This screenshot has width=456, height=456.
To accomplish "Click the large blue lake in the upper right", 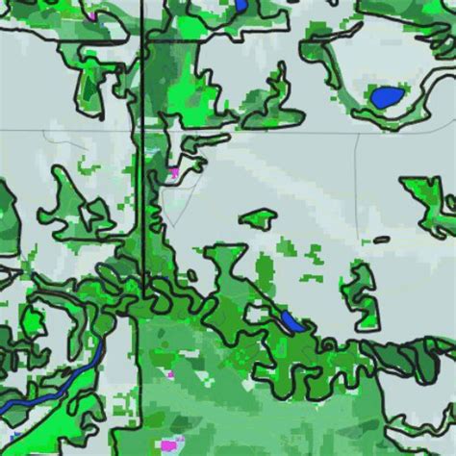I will [387, 96].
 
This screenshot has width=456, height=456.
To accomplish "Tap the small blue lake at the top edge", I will [240, 7].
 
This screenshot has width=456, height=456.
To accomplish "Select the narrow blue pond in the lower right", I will [291, 321].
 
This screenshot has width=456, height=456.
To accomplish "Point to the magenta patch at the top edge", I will [90, 14].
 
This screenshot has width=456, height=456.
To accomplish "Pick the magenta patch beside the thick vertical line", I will [174, 173].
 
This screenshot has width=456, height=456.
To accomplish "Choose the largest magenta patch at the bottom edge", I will [170, 444].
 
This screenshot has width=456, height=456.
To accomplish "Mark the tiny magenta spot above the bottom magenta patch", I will [171, 374].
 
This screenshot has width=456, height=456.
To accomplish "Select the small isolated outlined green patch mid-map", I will [260, 219].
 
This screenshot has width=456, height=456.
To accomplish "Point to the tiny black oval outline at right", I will [382, 240].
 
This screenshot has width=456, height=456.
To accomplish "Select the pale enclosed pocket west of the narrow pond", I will [255, 314].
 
